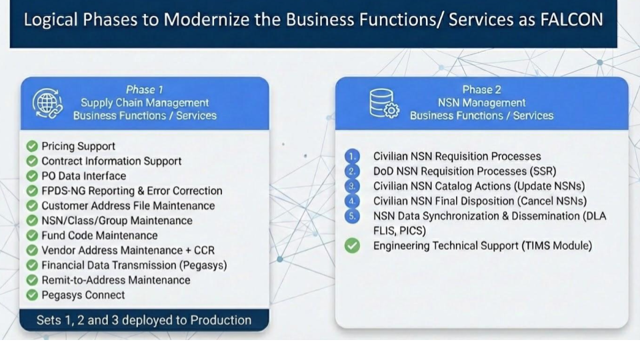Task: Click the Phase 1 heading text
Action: [145, 89]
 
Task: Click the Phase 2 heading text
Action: [481, 89]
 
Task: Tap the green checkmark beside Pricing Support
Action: [31, 146]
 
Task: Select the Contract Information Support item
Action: [111, 161]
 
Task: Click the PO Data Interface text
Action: [83, 176]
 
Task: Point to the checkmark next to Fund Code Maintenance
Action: [31, 235]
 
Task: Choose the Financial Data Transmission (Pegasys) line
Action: [134, 265]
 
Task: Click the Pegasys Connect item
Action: [83, 295]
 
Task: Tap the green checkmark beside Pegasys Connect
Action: [31, 295]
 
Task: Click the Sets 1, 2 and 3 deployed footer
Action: [144, 320]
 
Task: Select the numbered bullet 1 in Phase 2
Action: [353, 156]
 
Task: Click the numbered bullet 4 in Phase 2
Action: [353, 201]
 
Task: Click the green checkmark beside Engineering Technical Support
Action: [353, 246]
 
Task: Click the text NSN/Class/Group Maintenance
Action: [117, 221]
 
